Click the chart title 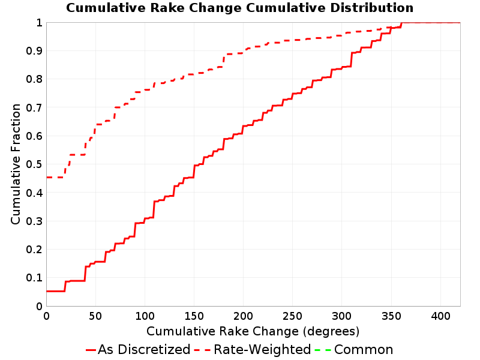[239, 8]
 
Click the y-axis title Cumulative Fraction [16, 164]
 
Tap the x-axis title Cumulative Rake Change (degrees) [253, 332]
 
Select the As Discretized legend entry [138, 350]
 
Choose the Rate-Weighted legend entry [253, 350]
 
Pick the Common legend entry [354, 350]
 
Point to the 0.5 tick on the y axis [34, 164]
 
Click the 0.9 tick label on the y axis [34, 51]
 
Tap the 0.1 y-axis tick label [34, 278]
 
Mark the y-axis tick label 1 [39, 23]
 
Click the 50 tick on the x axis [95, 316]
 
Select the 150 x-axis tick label [194, 316]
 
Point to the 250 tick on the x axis [292, 316]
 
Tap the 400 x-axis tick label [440, 316]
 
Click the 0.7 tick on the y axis [34, 107]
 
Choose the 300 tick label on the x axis [341, 316]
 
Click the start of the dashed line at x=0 [47, 177]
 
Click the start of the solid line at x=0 [47, 291]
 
